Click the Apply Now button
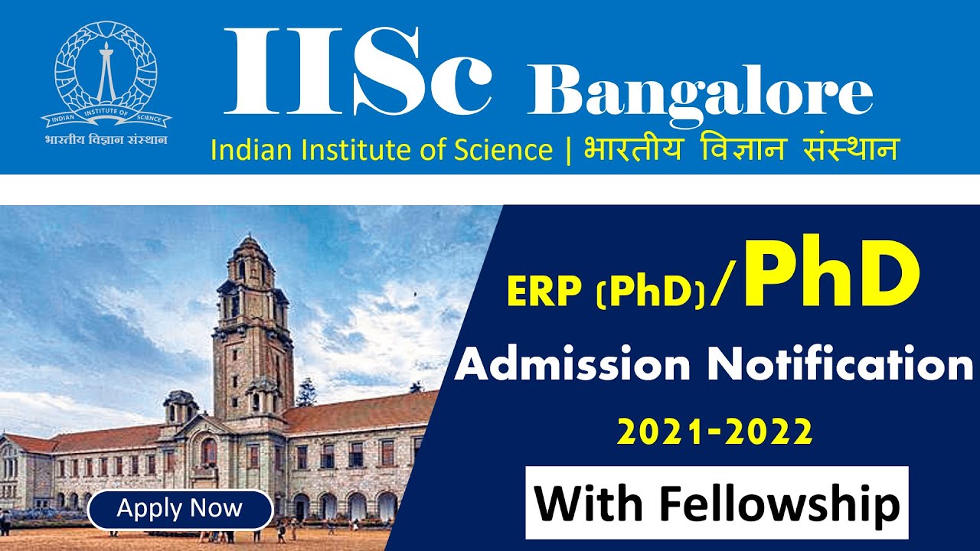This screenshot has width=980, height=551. tap(180, 510)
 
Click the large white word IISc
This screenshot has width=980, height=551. tap(358, 73)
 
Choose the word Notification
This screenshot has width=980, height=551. tap(839, 366)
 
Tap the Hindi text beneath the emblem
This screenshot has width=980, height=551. tap(106, 140)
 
